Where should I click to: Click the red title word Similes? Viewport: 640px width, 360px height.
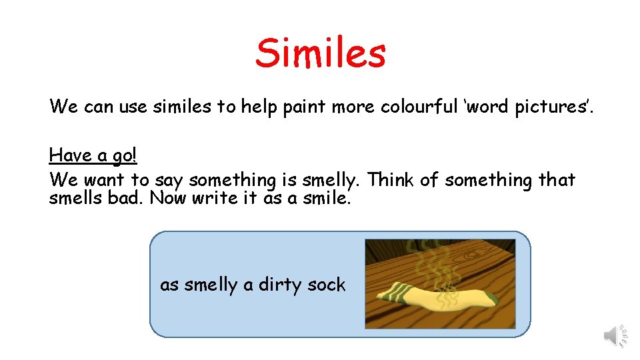tap(320, 53)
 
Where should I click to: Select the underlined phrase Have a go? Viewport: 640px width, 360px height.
tap(93, 155)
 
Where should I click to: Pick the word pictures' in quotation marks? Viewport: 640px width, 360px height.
tap(549, 107)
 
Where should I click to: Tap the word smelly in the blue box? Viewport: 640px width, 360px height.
tap(211, 285)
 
